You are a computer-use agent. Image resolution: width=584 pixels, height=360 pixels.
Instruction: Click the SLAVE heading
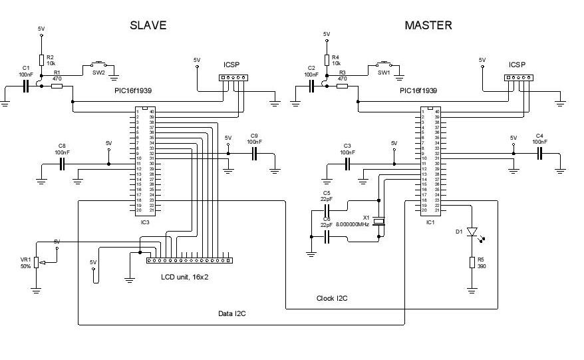click(x=148, y=25)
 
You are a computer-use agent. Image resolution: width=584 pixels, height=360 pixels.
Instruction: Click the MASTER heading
click(x=428, y=25)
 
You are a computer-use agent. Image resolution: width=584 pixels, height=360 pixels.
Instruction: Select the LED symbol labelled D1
click(x=472, y=232)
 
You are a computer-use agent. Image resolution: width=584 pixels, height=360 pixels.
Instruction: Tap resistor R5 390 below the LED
click(x=472, y=262)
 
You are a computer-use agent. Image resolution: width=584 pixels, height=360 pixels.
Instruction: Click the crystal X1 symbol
click(x=378, y=222)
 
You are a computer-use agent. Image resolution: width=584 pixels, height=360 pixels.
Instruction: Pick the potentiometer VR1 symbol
click(x=37, y=264)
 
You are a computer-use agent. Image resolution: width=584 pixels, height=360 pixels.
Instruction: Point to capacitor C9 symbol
click(x=253, y=154)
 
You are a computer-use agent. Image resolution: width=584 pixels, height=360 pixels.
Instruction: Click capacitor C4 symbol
click(x=539, y=154)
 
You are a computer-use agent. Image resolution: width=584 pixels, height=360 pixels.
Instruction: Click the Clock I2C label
click(x=331, y=298)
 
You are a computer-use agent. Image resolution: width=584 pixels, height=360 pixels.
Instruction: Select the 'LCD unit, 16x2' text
click(x=185, y=276)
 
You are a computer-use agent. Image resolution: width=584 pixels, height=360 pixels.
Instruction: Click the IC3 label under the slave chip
click(x=145, y=222)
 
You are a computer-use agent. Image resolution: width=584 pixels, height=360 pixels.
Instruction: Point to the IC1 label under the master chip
click(x=430, y=222)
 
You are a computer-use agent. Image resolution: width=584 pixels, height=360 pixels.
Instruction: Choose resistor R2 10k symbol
click(x=41, y=60)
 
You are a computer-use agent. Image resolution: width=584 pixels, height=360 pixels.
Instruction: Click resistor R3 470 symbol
click(x=342, y=86)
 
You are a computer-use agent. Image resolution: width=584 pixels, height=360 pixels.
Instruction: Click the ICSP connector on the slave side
click(x=233, y=77)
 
